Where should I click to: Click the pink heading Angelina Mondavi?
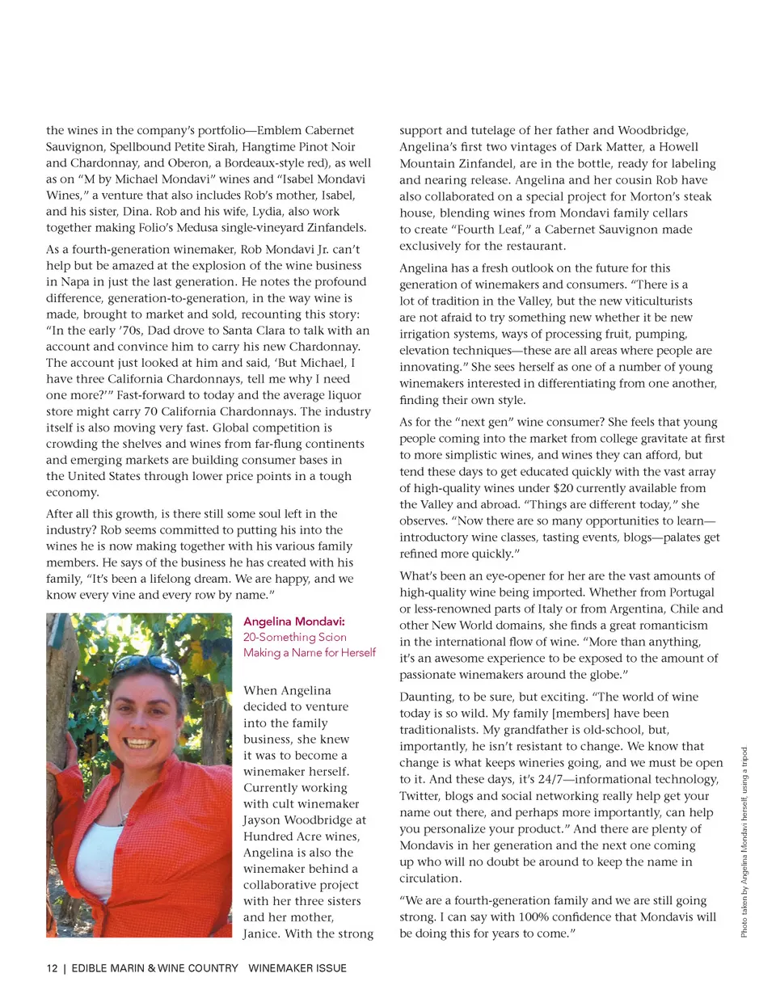pos(294,621)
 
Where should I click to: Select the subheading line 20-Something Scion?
pos(295,637)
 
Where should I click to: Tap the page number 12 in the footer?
pos(52,968)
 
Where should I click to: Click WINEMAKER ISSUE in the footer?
pos(297,968)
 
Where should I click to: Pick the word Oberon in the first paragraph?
pos(188,162)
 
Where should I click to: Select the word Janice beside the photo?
pos(261,933)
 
